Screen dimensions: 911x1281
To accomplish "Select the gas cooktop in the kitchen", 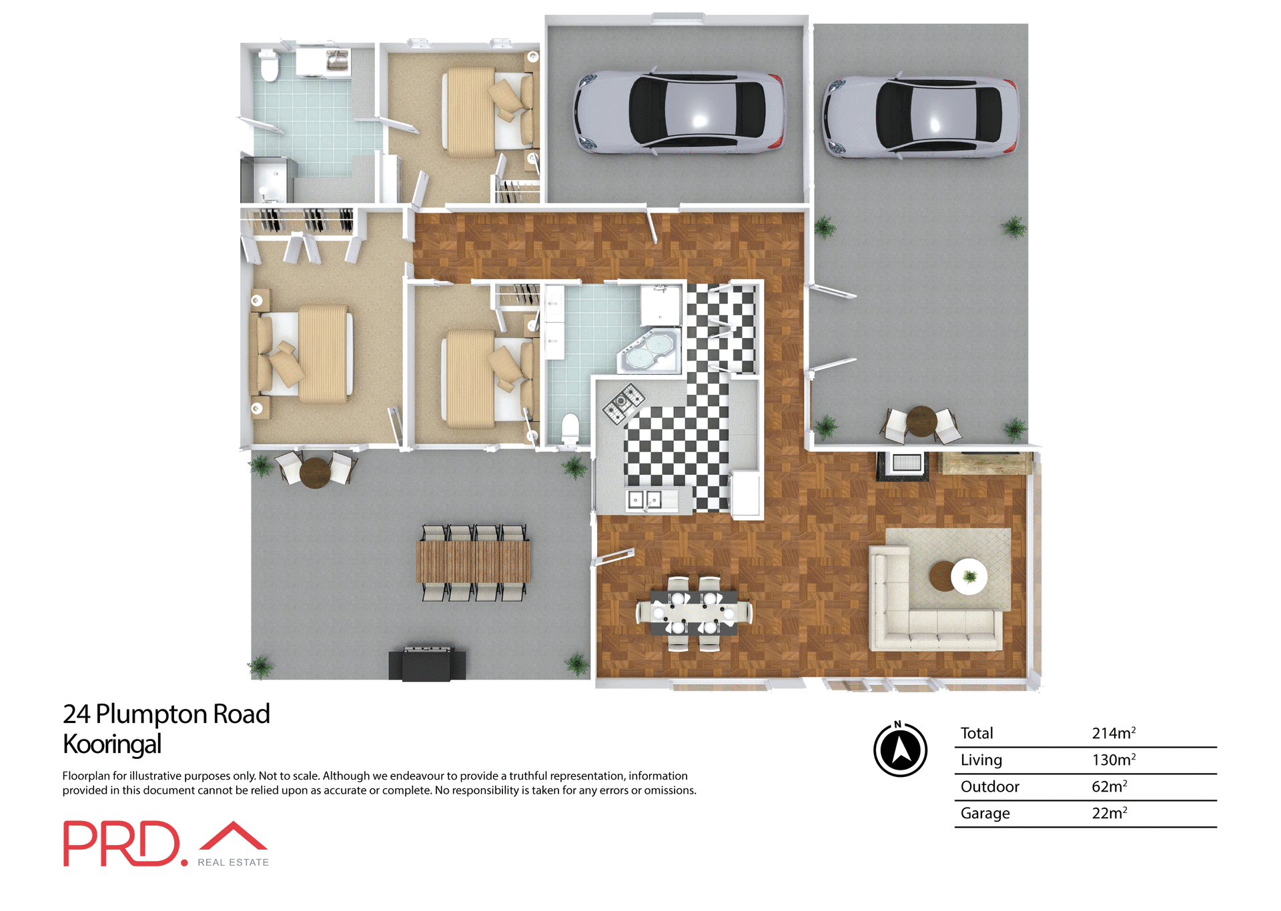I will pyautogui.click(x=624, y=403).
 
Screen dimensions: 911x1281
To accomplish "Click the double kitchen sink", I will pyautogui.click(x=645, y=499).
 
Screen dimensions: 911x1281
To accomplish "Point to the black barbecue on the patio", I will pyautogui.click(x=427, y=664).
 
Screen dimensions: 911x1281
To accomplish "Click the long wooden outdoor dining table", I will pyautogui.click(x=473, y=562).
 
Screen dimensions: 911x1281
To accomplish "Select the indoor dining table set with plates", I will pyautogui.click(x=694, y=611).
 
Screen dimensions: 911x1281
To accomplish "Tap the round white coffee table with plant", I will pyautogui.click(x=969, y=576).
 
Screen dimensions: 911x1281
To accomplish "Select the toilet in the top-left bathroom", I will pyautogui.click(x=270, y=66).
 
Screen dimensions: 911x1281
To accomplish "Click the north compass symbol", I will pyautogui.click(x=900, y=750).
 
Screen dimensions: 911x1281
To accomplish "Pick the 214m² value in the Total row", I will pyautogui.click(x=1113, y=734).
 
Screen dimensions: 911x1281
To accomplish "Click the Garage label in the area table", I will pyautogui.click(x=985, y=814).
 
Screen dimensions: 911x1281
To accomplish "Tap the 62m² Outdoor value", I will pyautogui.click(x=1109, y=787).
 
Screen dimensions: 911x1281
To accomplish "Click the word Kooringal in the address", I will pyautogui.click(x=112, y=744).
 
